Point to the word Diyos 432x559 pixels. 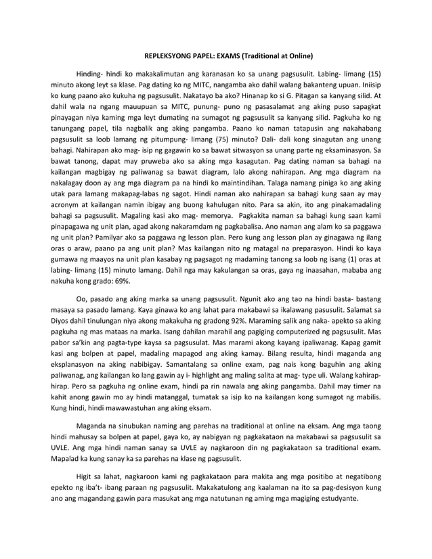click(62, 321)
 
